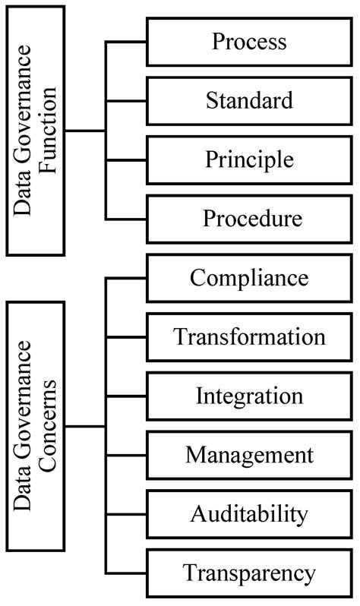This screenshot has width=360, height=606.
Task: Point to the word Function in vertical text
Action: point(51,131)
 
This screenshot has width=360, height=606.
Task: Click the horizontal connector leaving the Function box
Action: point(85,131)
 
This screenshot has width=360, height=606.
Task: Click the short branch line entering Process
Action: point(125,42)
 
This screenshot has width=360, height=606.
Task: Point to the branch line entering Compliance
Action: point(125,278)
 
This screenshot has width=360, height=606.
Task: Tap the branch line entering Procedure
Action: point(125,219)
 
